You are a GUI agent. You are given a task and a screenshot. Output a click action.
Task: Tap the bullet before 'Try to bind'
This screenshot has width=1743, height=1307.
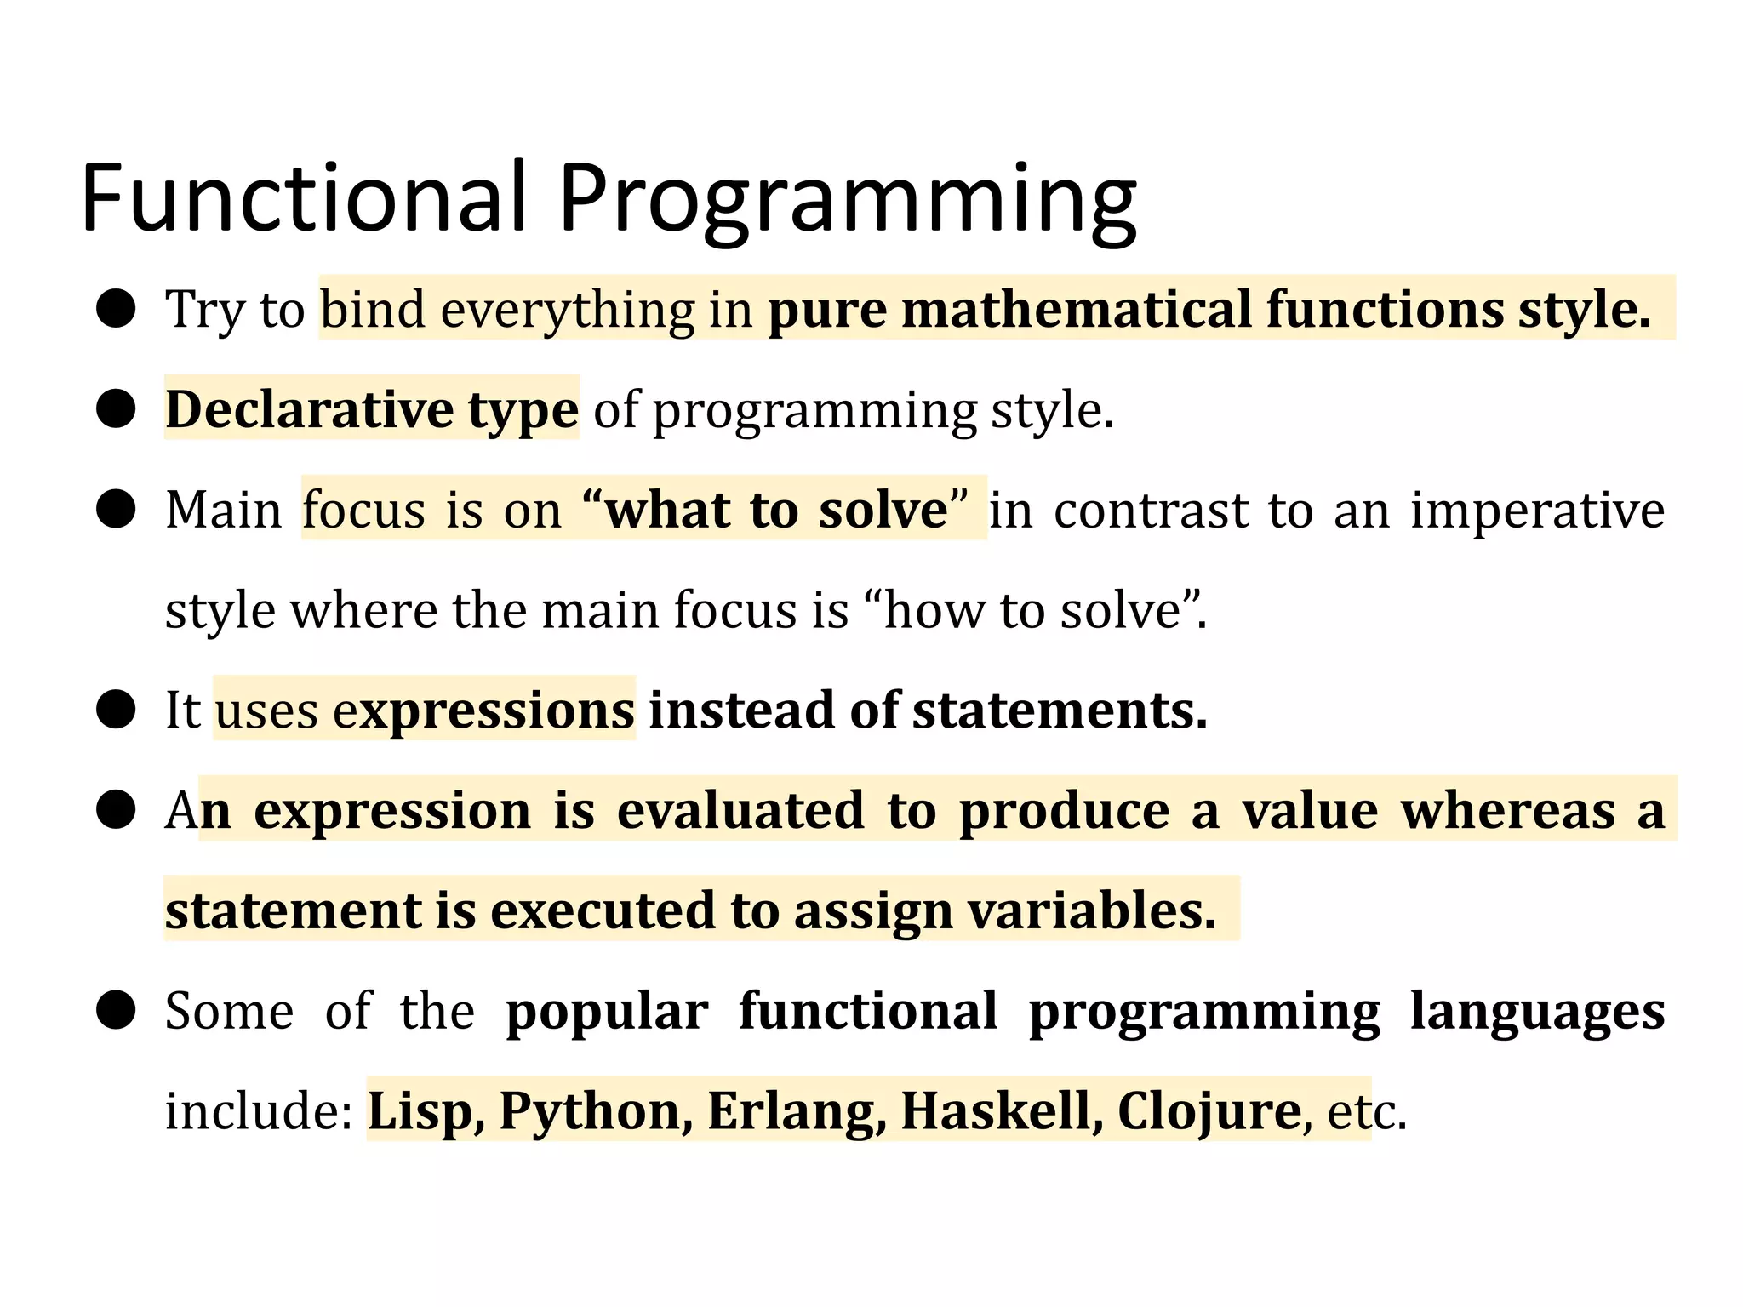click(116, 308)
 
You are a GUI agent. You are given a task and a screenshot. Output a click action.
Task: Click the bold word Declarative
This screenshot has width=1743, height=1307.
click(309, 409)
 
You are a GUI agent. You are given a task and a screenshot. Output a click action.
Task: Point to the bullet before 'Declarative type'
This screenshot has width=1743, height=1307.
click(116, 409)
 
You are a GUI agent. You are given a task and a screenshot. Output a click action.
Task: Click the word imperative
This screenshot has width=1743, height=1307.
click(1537, 510)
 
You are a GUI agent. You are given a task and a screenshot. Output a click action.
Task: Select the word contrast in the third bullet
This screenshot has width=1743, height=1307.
click(1151, 510)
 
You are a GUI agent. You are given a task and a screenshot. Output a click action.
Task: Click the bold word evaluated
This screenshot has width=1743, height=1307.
click(740, 810)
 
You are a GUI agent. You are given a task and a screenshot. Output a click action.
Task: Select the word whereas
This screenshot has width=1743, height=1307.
click(1508, 810)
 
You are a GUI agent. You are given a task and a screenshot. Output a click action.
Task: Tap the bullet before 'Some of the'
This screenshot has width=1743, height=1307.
click(116, 1011)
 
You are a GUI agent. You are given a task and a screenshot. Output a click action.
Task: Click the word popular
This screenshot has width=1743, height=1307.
click(607, 1011)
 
